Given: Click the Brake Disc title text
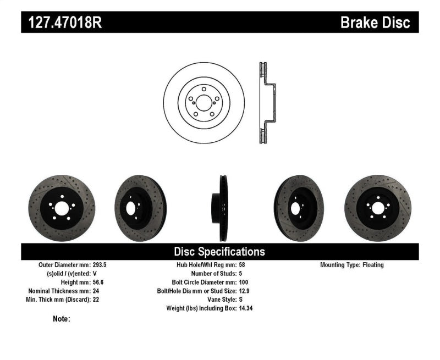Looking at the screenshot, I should click(x=375, y=23).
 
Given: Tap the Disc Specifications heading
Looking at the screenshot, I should click(x=219, y=252).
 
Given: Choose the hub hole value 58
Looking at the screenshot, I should click(x=243, y=265).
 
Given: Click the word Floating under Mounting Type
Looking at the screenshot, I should click(x=373, y=265).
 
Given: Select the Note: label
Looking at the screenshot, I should click(x=61, y=319).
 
